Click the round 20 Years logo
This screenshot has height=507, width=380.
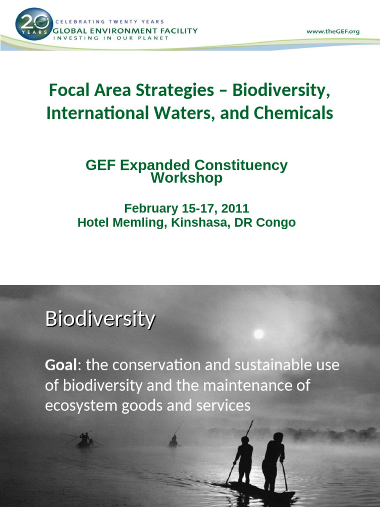pyautogui.click(x=34, y=24)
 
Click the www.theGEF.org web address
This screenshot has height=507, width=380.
pyautogui.click(x=333, y=32)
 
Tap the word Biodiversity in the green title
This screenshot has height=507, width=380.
pyautogui.click(x=281, y=90)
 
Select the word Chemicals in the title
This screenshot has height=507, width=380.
pyautogui.click(x=293, y=113)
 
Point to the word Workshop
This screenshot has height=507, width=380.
pyautogui.click(x=187, y=178)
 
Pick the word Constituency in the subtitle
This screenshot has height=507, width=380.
pyautogui.click(x=241, y=165)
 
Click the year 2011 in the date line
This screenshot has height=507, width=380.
pyautogui.click(x=235, y=208)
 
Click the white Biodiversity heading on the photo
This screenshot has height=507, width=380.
pyautogui.click(x=100, y=319)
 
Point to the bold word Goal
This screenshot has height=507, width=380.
pyautogui.click(x=61, y=365)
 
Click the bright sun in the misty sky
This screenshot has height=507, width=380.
pyautogui.click(x=258, y=334)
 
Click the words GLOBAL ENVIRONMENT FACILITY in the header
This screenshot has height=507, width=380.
pyautogui.click(x=125, y=31)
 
